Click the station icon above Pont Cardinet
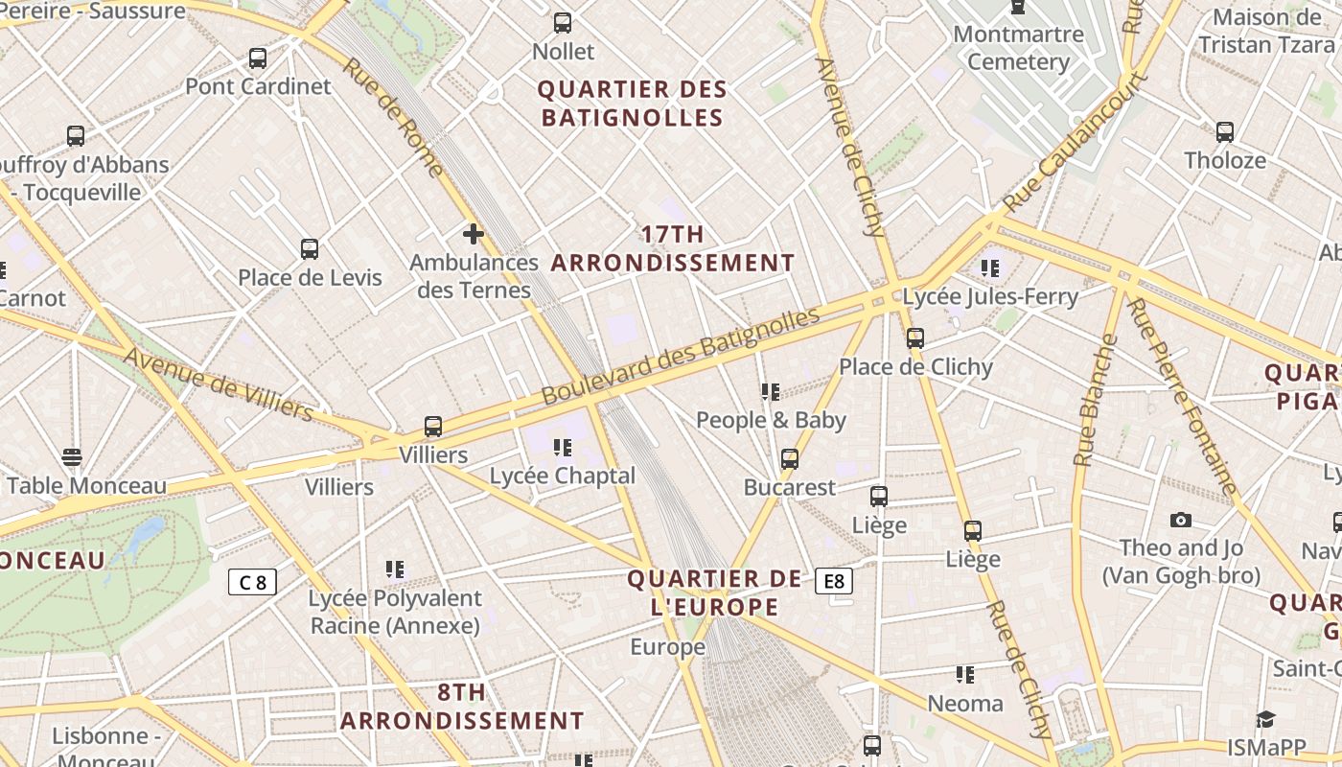tap(257, 58)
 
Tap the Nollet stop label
tap(564, 51)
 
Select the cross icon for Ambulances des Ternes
tap(473, 234)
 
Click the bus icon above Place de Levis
tap(309, 249)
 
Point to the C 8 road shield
tap(252, 582)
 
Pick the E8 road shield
tap(834, 581)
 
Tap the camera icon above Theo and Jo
tap(1181, 520)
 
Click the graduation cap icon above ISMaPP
tap(1266, 719)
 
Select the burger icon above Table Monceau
tap(72, 457)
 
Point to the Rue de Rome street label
tap(394, 118)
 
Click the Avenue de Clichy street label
tap(849, 147)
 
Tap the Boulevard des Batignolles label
tap(682, 356)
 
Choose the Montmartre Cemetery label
tap(1018, 48)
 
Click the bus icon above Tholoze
tap(1224, 132)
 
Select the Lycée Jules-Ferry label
tap(990, 296)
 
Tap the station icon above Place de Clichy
tap(915, 338)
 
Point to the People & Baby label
tap(771, 420)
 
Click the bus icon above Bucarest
tap(789, 459)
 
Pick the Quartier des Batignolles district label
tap(632, 104)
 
